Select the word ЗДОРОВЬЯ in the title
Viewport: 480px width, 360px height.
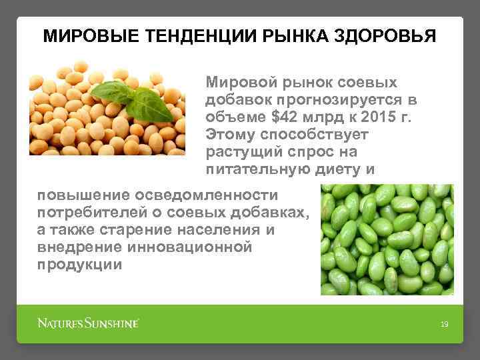[385, 35]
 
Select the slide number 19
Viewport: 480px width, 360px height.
[444, 325]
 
